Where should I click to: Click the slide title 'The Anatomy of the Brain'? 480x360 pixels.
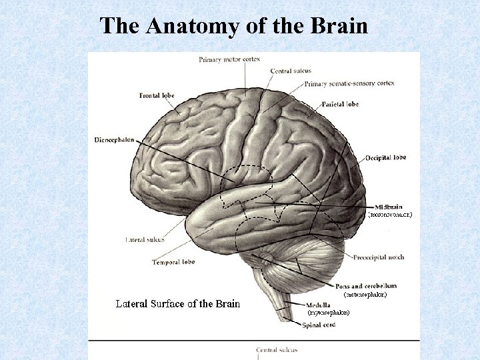(x=233, y=26)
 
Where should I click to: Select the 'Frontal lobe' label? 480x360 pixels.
(x=157, y=95)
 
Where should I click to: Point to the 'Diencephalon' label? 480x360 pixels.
(x=114, y=140)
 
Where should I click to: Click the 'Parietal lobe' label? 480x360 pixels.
(x=340, y=105)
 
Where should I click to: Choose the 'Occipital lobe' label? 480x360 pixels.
(x=385, y=158)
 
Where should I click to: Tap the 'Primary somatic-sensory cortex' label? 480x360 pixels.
(x=349, y=83)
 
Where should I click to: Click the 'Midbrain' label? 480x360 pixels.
(x=389, y=206)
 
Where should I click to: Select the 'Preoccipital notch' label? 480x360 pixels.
(x=379, y=257)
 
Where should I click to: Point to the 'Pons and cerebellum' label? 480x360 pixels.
(x=366, y=285)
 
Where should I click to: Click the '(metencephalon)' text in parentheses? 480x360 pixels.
(x=365, y=294)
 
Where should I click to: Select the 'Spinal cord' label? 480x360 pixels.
(x=319, y=325)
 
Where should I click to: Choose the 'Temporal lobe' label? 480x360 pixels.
(x=173, y=262)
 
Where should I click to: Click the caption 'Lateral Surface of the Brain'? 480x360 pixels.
(x=177, y=304)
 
